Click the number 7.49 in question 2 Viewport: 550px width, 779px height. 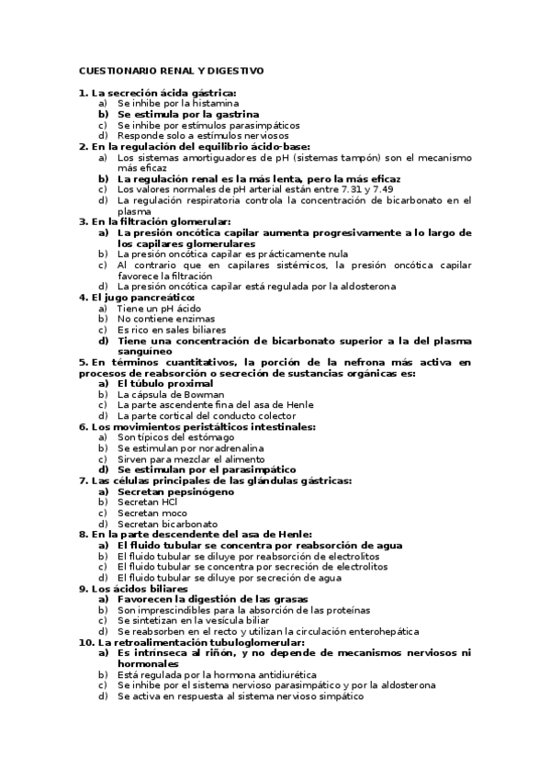[x=390, y=189]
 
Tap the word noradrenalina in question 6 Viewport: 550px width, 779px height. [x=220, y=448]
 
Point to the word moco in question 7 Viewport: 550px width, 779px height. [x=168, y=514]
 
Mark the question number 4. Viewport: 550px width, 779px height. [x=83, y=298]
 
